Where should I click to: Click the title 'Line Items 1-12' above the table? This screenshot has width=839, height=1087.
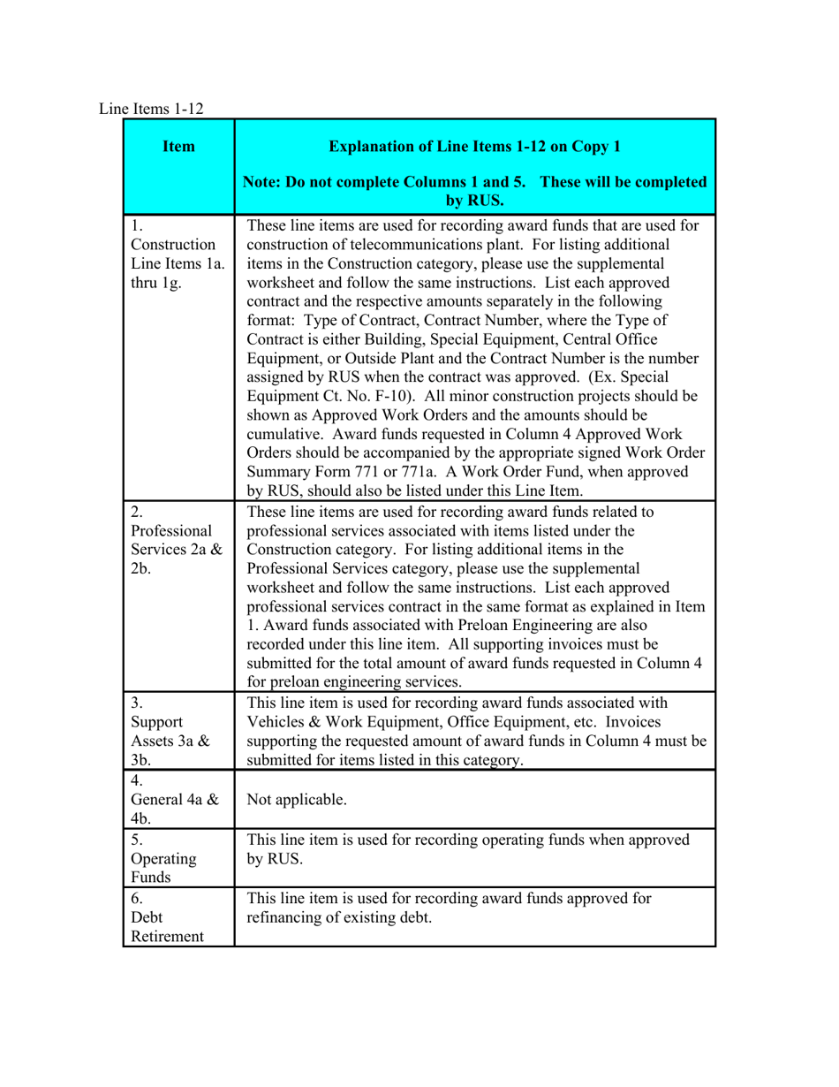coord(151,109)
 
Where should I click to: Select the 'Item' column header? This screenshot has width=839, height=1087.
coord(179,146)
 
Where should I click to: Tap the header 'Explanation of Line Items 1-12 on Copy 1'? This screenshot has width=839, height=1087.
coord(474,146)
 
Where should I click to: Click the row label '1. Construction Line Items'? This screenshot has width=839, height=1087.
coord(173,252)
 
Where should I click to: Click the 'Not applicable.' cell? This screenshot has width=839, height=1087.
coord(297,800)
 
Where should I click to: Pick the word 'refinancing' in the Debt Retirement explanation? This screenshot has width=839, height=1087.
coord(284,918)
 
